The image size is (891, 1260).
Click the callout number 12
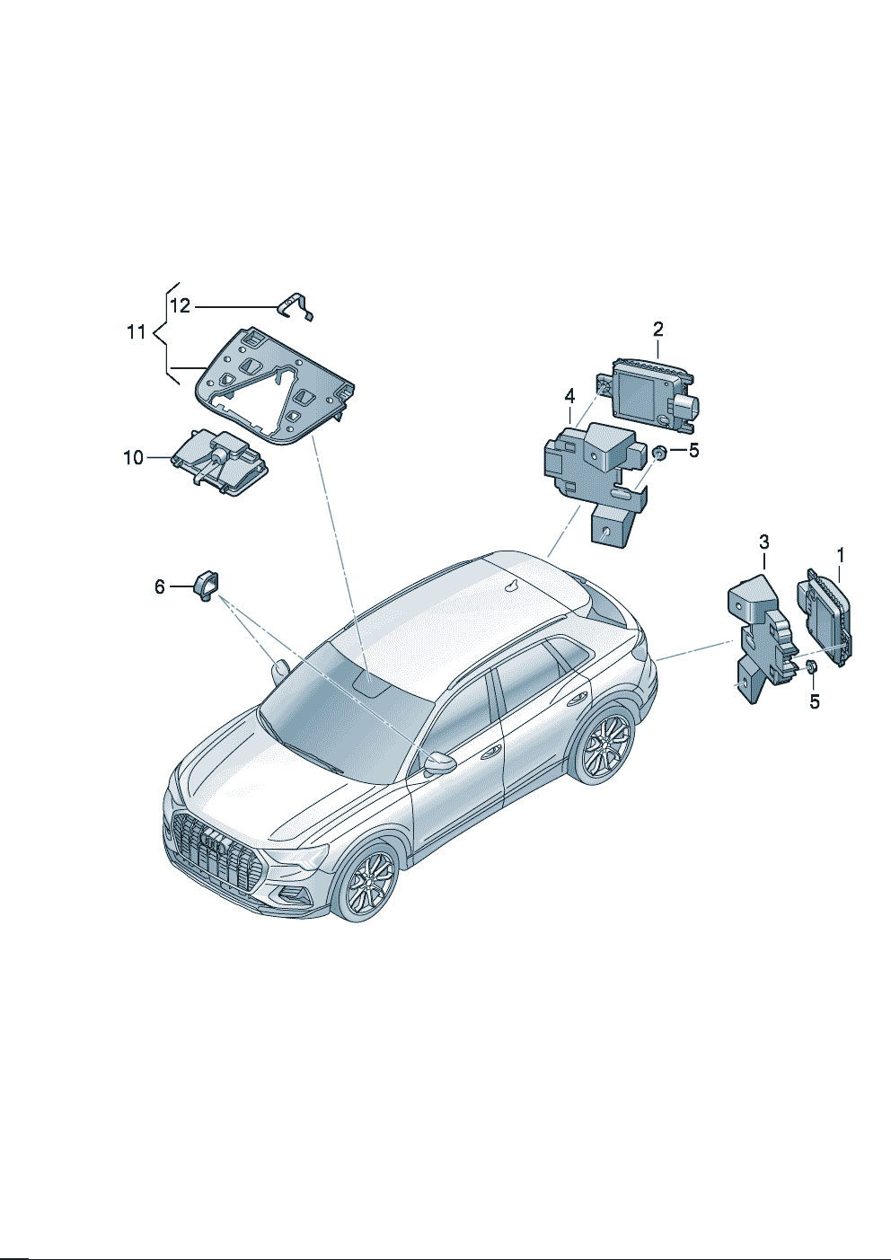click(x=181, y=306)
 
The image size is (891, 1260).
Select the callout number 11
click(x=137, y=332)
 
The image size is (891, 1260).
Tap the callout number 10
click(x=133, y=458)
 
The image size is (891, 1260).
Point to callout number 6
click(x=160, y=587)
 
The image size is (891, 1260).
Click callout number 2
click(x=658, y=329)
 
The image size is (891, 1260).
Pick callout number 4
click(x=569, y=397)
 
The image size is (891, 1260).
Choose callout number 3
click(x=763, y=542)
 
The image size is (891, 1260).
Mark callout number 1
click(x=840, y=556)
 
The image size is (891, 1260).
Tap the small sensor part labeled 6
click(x=207, y=586)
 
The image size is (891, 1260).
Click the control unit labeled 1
click(x=824, y=617)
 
